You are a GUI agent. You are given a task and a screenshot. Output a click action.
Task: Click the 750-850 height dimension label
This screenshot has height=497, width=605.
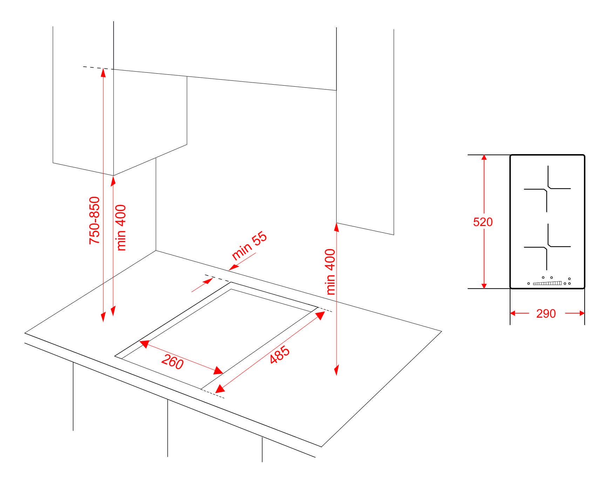pos(94,220)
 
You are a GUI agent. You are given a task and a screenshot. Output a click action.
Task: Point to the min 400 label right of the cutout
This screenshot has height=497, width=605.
pos(331,272)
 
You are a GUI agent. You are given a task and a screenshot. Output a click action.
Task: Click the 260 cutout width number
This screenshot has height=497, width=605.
pos(172,362)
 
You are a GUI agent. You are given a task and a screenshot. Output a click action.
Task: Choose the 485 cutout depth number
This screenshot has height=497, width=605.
pos(280,354)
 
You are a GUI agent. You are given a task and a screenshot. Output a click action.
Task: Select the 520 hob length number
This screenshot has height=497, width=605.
pos(483,222)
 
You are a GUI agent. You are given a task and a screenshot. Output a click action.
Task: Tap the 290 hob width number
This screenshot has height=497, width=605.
pos(546,313)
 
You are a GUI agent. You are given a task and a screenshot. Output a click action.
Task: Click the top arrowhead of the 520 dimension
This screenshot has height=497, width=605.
pos(484,158)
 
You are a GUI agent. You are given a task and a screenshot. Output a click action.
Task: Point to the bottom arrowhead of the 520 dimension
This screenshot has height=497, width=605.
pos(484,286)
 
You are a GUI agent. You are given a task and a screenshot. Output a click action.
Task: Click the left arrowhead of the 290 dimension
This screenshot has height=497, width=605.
pos(513,313)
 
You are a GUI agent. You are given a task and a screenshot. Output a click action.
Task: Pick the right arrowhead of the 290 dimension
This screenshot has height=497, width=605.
pos(582,313)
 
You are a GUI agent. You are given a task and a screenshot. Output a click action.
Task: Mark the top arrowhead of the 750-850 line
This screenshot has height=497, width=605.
pos(103,72)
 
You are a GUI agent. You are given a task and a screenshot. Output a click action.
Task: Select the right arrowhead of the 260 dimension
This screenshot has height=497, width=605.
pos(218,370)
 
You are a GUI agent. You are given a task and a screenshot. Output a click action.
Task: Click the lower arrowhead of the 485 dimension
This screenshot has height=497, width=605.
pos(219,389)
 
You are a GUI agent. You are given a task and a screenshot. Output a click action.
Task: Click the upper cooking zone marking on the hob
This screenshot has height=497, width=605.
pos(547,189)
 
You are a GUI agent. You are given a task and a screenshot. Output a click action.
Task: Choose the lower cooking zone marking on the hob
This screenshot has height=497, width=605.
pos(547,247)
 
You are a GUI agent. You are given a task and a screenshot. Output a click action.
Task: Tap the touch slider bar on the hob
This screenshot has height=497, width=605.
pos(547,283)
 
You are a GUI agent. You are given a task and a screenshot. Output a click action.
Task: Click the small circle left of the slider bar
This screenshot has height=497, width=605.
pos(529,283)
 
